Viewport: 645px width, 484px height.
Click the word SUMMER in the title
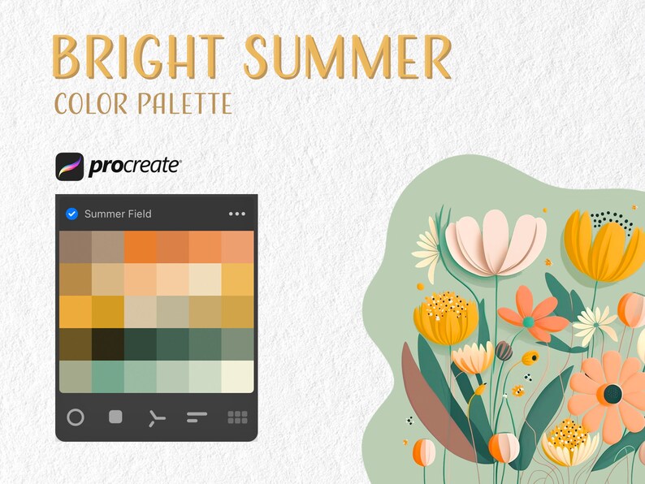347,57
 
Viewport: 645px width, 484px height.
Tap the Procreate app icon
69,166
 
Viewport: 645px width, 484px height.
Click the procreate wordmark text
134,166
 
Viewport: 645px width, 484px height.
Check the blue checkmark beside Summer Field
71,214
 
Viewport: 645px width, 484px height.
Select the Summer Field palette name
118,214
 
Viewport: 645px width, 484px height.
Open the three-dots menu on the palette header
236,214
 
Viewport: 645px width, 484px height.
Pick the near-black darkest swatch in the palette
107,344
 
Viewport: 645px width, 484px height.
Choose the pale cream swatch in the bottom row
237,376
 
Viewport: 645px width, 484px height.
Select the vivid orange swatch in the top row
140,246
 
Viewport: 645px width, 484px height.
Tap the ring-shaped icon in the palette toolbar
76,417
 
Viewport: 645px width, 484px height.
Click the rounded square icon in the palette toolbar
115,417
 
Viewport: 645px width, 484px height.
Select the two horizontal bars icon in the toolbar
197,417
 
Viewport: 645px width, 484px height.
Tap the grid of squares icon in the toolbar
237,417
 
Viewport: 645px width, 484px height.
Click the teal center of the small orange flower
528,322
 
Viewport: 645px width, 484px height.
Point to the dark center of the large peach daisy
612,395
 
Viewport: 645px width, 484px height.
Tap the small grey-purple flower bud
504,351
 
